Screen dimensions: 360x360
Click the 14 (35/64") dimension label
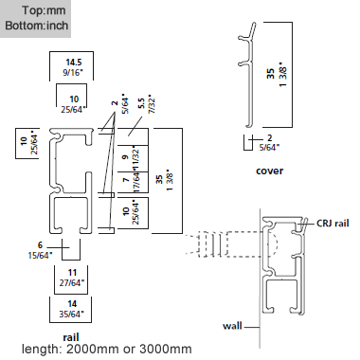[71, 308]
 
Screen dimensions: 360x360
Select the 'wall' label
[233, 325]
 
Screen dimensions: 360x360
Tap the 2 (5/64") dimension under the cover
[270, 143]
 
